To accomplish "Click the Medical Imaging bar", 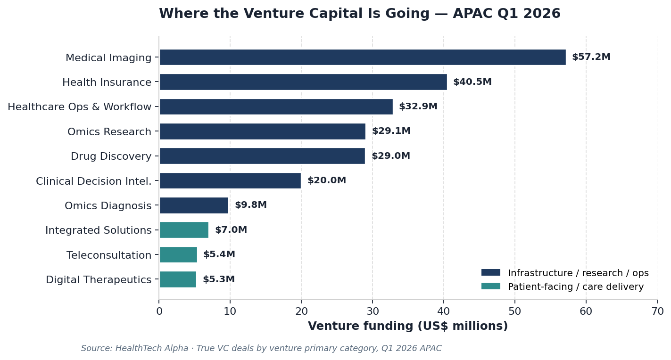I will point(362,57).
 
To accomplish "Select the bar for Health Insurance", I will point(303,82).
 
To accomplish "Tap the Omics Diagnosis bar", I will point(194,205).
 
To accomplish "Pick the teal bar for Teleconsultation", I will point(178,255).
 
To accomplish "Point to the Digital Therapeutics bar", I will point(178,279).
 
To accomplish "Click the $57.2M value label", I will point(591,57).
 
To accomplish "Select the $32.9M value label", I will point(418,106).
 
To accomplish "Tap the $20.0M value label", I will point(326,180).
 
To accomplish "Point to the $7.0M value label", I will point(231,230).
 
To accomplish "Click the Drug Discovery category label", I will point(111,156).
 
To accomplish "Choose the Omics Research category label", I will point(109,132).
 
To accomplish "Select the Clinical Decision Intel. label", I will point(94,181).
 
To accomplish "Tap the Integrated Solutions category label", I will point(99,230).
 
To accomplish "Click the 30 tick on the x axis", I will point(373,311).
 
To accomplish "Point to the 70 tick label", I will point(657,311).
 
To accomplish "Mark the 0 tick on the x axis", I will point(159,311).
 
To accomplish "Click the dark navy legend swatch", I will point(490,273).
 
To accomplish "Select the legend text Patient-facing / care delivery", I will point(575,286).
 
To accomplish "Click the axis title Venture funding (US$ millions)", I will point(408,326).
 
